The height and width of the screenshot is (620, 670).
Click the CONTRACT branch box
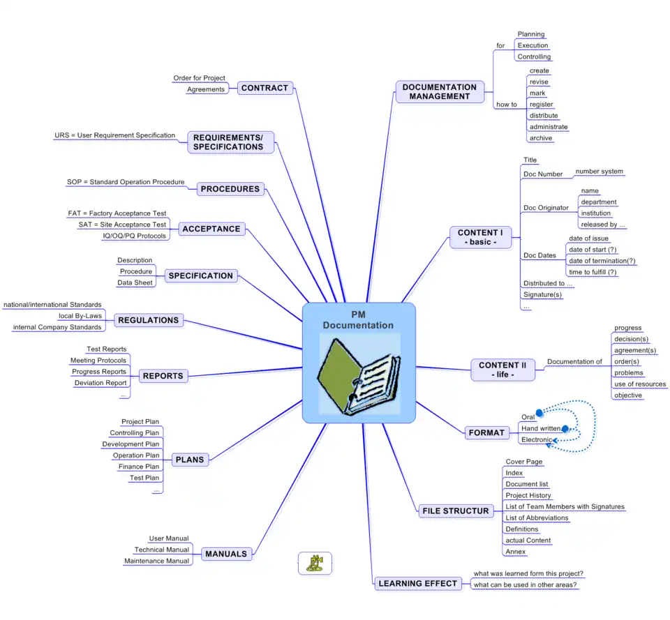click(x=265, y=88)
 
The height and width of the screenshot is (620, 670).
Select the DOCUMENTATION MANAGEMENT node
click(x=440, y=92)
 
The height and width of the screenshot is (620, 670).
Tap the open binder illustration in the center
click(x=359, y=375)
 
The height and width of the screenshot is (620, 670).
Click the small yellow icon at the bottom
click(x=315, y=563)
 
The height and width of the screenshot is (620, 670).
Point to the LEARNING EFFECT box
click(x=417, y=583)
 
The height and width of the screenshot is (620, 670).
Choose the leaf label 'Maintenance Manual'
click(x=156, y=561)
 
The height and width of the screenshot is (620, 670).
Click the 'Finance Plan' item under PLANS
click(x=139, y=467)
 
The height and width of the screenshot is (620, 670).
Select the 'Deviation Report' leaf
click(x=100, y=383)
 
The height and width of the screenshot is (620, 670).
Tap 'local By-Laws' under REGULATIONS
click(x=80, y=316)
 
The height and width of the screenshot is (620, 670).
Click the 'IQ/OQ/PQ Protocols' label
click(x=134, y=236)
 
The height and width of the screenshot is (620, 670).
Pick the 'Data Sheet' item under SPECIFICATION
click(x=135, y=282)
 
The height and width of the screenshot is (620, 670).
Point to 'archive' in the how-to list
click(x=541, y=138)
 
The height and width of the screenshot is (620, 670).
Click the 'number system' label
click(x=599, y=172)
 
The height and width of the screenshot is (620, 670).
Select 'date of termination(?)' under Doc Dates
click(x=602, y=261)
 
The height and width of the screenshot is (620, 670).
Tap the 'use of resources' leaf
click(x=639, y=384)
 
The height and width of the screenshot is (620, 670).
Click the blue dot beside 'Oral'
click(x=539, y=413)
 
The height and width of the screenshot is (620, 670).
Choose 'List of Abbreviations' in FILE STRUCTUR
click(x=537, y=518)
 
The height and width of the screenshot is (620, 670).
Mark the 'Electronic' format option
click(x=536, y=440)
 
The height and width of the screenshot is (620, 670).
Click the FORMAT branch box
click(x=486, y=432)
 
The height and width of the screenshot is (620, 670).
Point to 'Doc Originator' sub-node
click(x=546, y=208)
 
